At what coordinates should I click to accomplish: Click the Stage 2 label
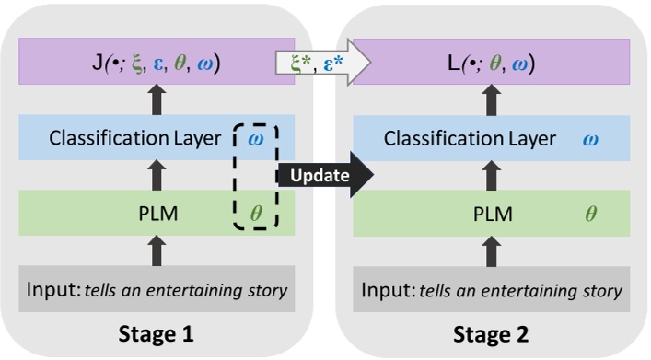pos(490,333)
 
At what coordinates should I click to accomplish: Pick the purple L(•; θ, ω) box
pos(490,64)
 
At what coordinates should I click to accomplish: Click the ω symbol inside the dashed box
pos(258,139)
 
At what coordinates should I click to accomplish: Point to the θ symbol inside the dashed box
pos(257,214)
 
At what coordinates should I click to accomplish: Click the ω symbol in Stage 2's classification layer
pos(592,139)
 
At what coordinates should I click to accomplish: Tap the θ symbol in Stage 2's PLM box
pos(592,214)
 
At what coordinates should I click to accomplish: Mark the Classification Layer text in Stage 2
pos(470,139)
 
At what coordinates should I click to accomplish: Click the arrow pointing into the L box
pos(490,101)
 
